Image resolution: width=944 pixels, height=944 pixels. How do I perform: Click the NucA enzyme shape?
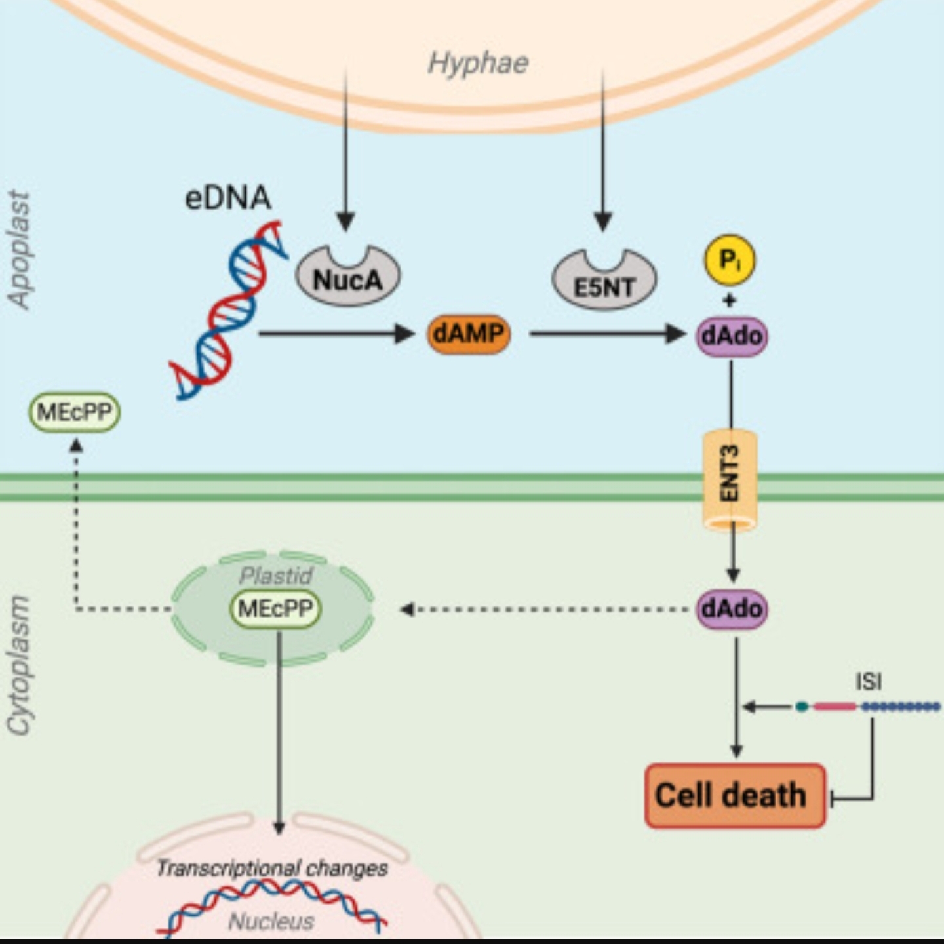click(347, 278)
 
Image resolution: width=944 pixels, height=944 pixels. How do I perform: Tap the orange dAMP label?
click(468, 334)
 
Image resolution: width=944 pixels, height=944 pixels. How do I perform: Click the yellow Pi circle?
click(729, 260)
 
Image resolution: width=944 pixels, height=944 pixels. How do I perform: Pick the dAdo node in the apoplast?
click(732, 336)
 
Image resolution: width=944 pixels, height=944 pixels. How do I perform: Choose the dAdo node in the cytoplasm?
click(732, 608)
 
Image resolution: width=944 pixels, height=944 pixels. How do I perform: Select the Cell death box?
click(735, 795)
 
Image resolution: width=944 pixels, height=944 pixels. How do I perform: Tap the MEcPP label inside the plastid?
click(275, 608)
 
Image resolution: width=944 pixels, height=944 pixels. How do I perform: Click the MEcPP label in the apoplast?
click(75, 412)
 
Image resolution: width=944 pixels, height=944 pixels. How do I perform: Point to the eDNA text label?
click(227, 197)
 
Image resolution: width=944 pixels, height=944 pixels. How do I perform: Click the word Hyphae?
click(478, 64)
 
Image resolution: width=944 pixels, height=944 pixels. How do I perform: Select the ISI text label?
click(868, 682)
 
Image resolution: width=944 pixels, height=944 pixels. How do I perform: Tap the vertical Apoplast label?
click(20, 249)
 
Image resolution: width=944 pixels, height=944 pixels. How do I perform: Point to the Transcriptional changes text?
click(272, 869)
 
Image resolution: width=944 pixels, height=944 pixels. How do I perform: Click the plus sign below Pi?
click(729, 300)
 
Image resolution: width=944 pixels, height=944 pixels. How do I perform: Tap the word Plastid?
click(275, 576)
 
